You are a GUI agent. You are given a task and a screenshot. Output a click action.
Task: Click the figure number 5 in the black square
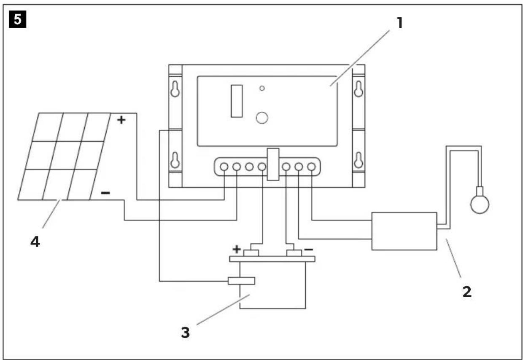[18, 19]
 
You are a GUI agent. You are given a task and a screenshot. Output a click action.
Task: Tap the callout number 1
[399, 23]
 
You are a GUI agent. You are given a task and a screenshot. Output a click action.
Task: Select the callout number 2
[467, 292]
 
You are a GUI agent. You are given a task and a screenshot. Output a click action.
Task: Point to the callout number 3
[186, 333]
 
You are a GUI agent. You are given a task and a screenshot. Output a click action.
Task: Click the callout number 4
[35, 242]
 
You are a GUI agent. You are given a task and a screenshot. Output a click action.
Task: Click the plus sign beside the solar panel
[121, 120]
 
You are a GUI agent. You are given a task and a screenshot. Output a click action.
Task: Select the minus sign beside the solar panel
[105, 193]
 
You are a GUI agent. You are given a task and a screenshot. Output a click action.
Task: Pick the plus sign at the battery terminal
[237, 249]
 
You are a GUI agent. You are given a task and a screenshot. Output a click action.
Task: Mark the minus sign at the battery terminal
[308, 250]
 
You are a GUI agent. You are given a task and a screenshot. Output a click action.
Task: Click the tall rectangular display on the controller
[237, 101]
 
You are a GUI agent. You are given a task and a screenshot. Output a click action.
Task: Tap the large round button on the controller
[262, 118]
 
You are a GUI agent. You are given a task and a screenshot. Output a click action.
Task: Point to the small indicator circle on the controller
[262, 88]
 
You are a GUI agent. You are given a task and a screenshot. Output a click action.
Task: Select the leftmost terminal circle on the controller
[224, 167]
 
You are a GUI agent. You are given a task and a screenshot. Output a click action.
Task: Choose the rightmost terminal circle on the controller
[311, 167]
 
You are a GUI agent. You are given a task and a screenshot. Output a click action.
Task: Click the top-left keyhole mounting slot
[175, 89]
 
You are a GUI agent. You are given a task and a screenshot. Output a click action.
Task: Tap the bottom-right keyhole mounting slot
[359, 160]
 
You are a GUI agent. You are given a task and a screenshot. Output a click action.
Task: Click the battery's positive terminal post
[251, 253]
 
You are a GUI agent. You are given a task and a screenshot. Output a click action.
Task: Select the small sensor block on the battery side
[241, 281]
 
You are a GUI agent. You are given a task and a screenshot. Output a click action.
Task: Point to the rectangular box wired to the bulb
[404, 231]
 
